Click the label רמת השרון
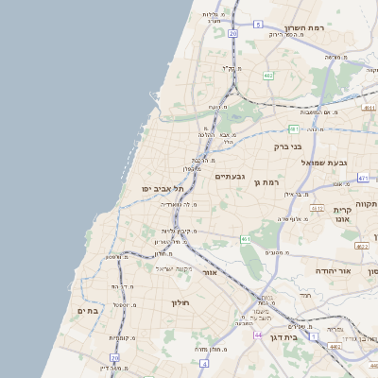[x=305, y=27]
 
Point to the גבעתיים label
[x=230, y=177]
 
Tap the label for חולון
[x=180, y=302]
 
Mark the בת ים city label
[x=89, y=310]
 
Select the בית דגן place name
[x=283, y=336]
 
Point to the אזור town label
[x=210, y=272]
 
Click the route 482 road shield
[x=268, y=75]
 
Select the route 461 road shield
[x=245, y=240]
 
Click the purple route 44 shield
[x=257, y=335]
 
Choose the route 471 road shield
[x=363, y=177]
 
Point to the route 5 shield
[x=258, y=24]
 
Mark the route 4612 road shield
[x=318, y=208]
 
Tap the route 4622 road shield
[x=361, y=246]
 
